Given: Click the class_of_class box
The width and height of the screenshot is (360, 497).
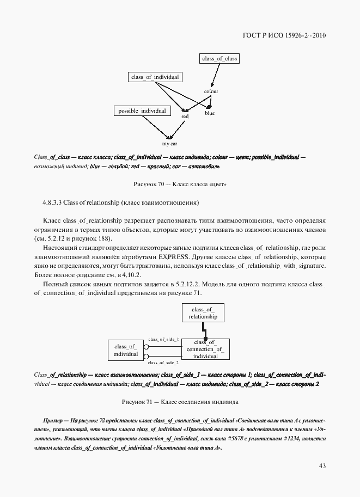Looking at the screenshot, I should [x=219, y=58].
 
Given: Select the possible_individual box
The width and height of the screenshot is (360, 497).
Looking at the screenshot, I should [x=142, y=111].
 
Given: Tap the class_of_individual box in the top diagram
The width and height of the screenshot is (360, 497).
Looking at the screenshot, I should [x=155, y=77].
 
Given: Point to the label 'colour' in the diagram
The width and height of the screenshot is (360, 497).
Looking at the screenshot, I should [x=211, y=91].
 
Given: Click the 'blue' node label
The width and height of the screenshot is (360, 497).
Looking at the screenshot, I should [x=210, y=113].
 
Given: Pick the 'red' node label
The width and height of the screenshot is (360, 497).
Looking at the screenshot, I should [x=185, y=116].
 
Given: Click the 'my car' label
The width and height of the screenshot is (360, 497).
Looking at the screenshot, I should [x=170, y=144].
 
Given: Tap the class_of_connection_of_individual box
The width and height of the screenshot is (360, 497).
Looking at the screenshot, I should [x=205, y=349].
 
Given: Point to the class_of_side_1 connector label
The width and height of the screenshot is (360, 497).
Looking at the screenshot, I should [x=163, y=339].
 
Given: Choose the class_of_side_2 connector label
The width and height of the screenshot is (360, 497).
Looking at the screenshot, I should [x=163, y=362].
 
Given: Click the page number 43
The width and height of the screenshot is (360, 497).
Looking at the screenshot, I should [x=322, y=465].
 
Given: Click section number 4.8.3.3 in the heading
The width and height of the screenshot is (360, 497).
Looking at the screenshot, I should [x=52, y=203].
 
